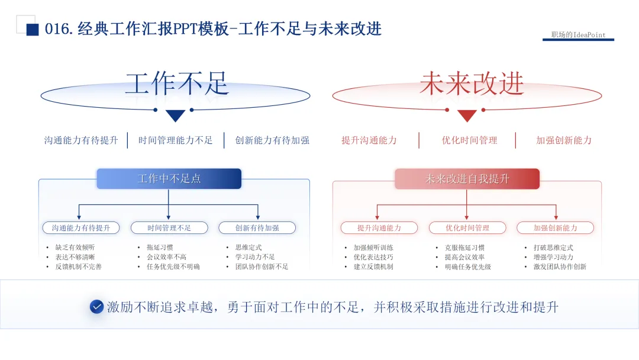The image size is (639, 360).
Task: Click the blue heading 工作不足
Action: [x=176, y=83]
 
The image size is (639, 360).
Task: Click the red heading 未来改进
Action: [x=472, y=83]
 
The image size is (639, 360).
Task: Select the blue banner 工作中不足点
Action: [x=169, y=179]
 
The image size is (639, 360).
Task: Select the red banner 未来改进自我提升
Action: [x=467, y=179]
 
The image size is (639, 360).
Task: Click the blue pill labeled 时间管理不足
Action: [x=169, y=228]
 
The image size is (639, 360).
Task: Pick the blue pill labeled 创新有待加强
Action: [x=257, y=228]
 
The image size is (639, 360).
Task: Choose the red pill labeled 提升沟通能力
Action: [x=379, y=228]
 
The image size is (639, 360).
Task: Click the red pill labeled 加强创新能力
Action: [x=555, y=228]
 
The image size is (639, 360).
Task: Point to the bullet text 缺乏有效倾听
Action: [x=75, y=247]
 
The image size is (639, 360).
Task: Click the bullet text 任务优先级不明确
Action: [x=173, y=267]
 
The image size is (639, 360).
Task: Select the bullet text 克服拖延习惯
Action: [x=464, y=248]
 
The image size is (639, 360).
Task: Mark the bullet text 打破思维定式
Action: [x=553, y=248]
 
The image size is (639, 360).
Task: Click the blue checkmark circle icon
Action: [x=96, y=307]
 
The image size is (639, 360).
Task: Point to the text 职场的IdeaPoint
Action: [x=578, y=35]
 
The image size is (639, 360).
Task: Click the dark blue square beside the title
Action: [x=33, y=30]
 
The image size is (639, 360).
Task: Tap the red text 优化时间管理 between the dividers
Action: [x=469, y=140]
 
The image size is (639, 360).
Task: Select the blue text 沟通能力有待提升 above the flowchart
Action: [x=81, y=140]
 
